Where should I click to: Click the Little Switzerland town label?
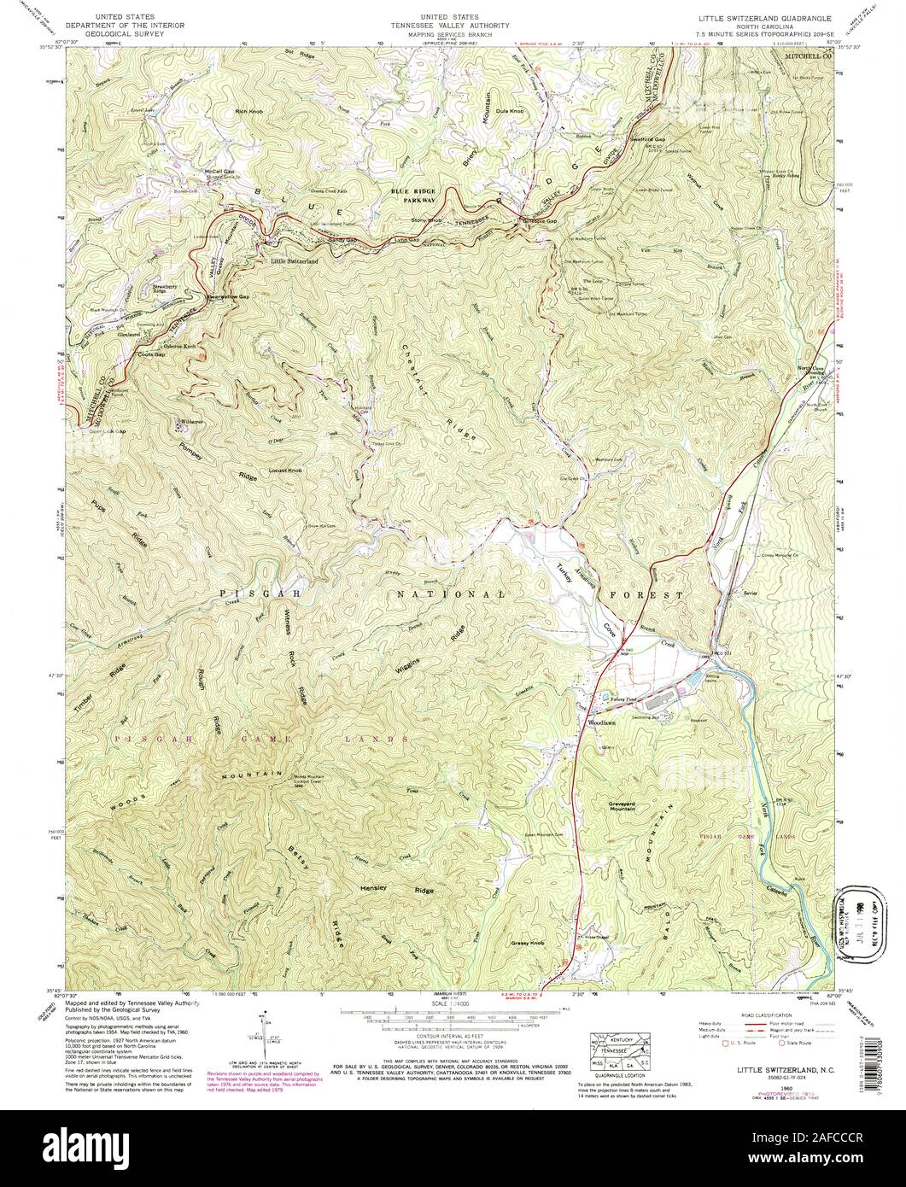[x=294, y=260]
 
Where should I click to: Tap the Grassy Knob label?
[x=527, y=944]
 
